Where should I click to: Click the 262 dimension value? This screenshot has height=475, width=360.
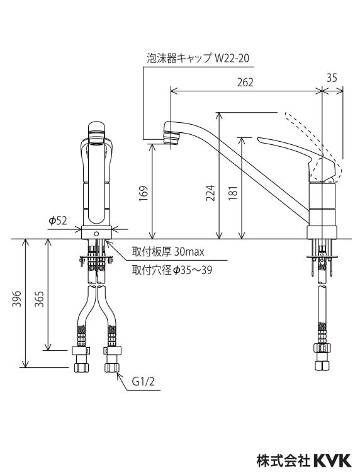tap(246, 81)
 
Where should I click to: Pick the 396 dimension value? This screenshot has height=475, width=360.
tap(16, 300)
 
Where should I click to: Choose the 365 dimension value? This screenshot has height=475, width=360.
tap(38, 300)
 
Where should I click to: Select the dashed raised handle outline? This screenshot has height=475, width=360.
tap(315, 139)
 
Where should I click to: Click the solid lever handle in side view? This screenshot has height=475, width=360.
tap(286, 150)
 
